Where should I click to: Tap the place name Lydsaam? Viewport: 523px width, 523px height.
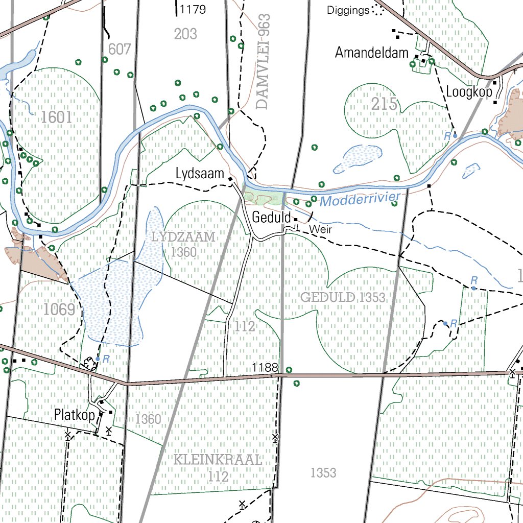[x=200, y=174]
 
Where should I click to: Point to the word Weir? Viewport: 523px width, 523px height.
[x=320, y=230]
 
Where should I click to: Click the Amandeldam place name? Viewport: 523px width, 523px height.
[x=372, y=53]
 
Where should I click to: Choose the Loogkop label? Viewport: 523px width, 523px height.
[x=469, y=92]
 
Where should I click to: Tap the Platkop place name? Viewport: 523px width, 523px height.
[x=75, y=415]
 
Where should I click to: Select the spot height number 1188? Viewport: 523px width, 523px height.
[x=265, y=368]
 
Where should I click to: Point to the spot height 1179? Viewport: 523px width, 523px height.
[x=193, y=9]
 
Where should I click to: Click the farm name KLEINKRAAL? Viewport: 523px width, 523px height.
[x=218, y=459]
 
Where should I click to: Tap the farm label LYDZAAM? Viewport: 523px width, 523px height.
[x=183, y=237]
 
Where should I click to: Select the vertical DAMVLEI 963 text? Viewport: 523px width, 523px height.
[x=264, y=62]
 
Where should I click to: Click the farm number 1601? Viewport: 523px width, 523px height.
[x=57, y=117]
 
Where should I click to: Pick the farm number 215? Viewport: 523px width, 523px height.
[x=384, y=104]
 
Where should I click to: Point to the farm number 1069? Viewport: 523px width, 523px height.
[x=59, y=309]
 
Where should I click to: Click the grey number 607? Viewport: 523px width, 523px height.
[x=120, y=50]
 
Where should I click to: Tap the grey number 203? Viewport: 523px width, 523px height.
[x=185, y=34]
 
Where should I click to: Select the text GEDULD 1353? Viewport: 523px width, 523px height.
[x=343, y=297]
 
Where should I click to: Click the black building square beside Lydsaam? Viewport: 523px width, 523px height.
[x=230, y=179]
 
